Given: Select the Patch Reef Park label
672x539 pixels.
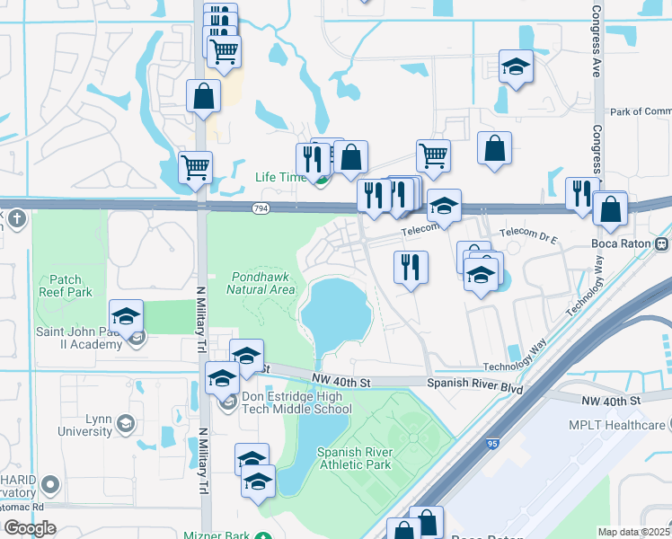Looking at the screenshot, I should click(66, 286).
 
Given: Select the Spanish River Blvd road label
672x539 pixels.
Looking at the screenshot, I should click(474, 383).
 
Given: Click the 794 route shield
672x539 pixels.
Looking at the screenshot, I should click(261, 208).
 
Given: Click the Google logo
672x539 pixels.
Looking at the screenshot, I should click(30, 528).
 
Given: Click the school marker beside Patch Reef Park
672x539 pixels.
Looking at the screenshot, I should click(127, 316).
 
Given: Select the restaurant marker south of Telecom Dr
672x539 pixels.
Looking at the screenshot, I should click(411, 267).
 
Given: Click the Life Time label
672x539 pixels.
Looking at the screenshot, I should click(280, 177).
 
